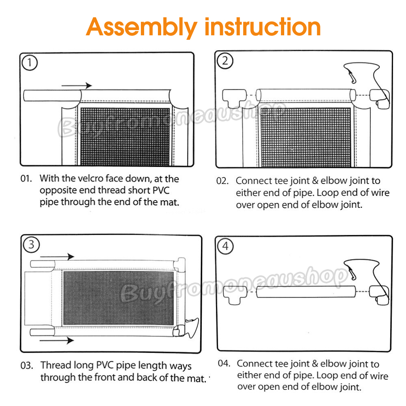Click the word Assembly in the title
(x=142, y=28)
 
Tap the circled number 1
(x=30, y=63)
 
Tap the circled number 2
(x=225, y=61)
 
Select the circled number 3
(x=31, y=245)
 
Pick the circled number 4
(x=225, y=246)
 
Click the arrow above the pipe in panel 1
(x=77, y=85)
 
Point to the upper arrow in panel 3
(x=57, y=257)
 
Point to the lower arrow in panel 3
(x=57, y=340)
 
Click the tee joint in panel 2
(x=234, y=97)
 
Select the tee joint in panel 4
(x=235, y=294)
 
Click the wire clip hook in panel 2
(x=352, y=77)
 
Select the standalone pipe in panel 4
(x=306, y=292)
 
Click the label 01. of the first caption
(x=26, y=178)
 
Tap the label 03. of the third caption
(x=27, y=366)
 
